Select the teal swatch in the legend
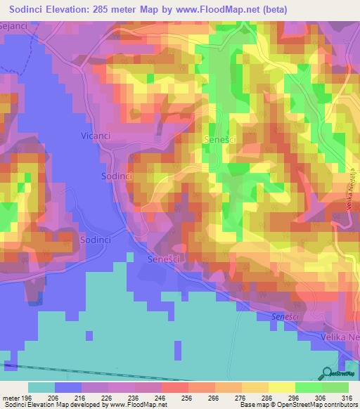pyautogui.click(x=41, y=387)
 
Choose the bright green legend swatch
pyautogui.click(x=309, y=387)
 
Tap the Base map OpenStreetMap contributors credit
pyautogui.click(x=297, y=404)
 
